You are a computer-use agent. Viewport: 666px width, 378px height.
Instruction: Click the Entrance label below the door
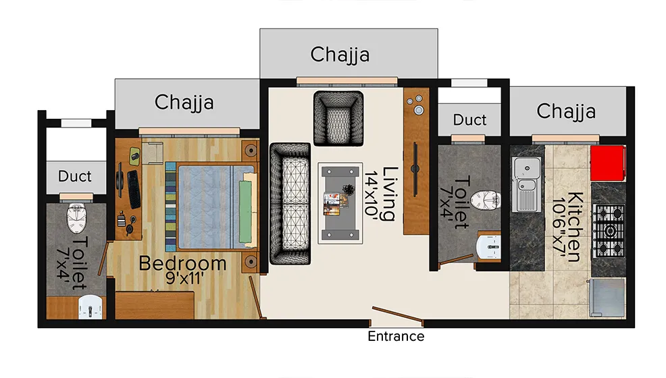click(396, 336)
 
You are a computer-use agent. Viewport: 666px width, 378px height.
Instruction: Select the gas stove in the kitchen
click(609, 231)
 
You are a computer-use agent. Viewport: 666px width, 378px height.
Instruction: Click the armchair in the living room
click(338, 117)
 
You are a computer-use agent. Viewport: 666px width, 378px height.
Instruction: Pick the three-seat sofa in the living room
click(288, 203)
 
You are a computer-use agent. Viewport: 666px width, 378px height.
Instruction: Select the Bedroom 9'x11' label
click(182, 269)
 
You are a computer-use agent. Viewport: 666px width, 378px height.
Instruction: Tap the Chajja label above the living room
click(340, 54)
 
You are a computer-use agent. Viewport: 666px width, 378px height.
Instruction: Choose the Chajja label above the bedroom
click(184, 103)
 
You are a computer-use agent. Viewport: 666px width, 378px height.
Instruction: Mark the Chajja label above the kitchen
click(566, 111)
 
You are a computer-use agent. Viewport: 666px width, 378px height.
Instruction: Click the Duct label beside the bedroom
click(74, 176)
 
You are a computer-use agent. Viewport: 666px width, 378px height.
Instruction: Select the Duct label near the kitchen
click(469, 120)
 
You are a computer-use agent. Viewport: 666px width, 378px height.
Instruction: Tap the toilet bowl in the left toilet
click(76, 217)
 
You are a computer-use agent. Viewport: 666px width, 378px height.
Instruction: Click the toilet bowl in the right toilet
click(486, 200)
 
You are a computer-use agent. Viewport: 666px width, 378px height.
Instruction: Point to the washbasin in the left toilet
click(89, 307)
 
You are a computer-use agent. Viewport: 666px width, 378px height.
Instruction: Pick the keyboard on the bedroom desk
click(133, 190)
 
